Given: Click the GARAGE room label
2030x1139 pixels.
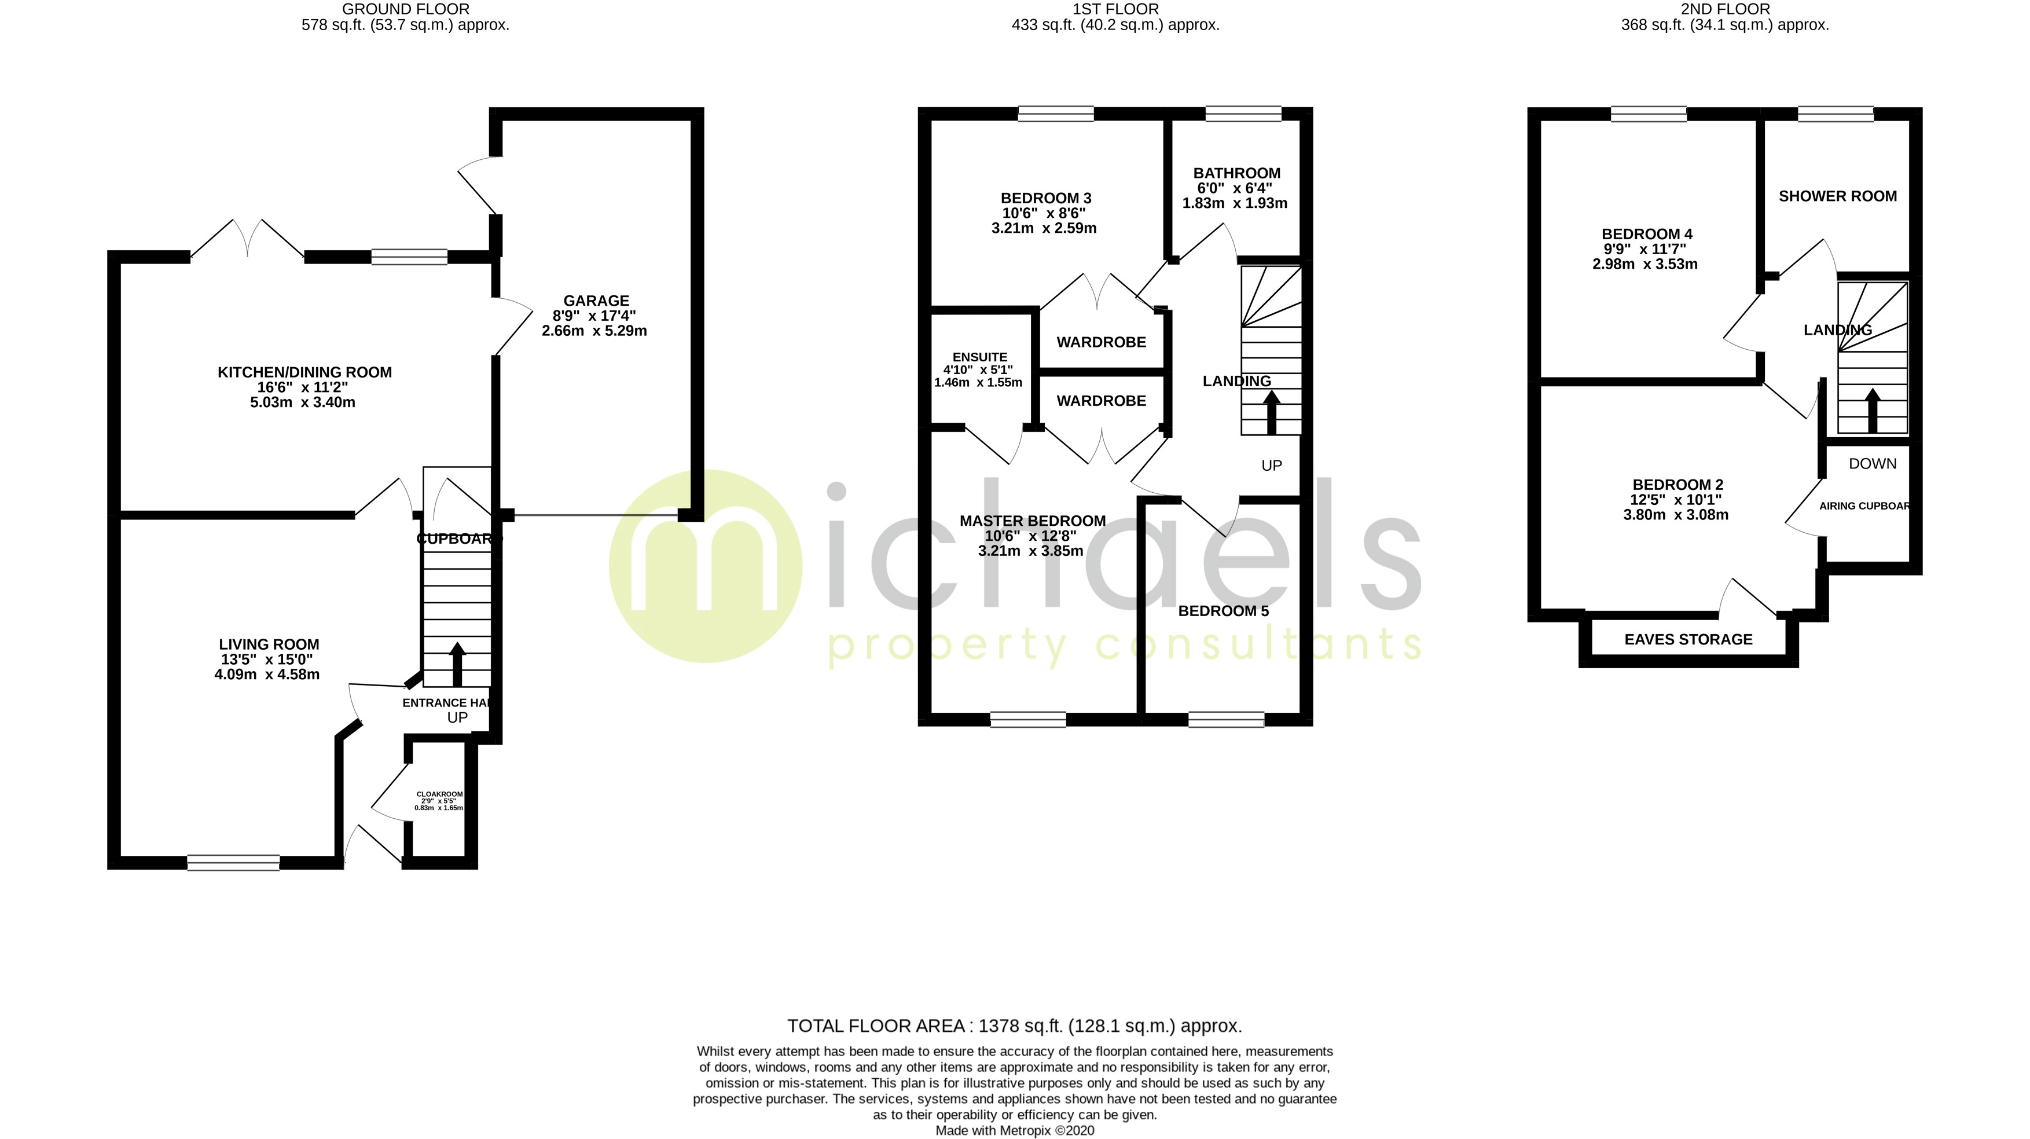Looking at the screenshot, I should [x=596, y=301].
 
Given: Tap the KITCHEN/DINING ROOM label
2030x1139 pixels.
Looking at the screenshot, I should [x=304, y=373].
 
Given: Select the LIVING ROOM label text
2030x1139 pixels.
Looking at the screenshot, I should [x=269, y=644].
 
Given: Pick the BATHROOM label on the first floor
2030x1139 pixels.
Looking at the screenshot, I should [x=1236, y=173].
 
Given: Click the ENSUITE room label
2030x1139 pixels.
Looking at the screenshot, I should [x=979, y=357].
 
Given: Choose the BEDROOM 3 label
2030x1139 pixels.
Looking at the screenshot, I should [x=1046, y=199].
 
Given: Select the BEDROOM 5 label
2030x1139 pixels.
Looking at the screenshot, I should [x=1223, y=611].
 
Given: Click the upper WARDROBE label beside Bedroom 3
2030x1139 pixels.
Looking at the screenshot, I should [x=1101, y=342].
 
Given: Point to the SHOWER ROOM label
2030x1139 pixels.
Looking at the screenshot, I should [x=1837, y=196].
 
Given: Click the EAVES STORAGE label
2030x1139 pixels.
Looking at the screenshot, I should [x=1688, y=640].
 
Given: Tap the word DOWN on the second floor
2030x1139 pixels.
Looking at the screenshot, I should [x=1873, y=463].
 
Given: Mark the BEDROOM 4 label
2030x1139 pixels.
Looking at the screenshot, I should [x=1646, y=234].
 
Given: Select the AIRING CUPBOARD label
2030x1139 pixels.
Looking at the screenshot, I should [x=1864, y=506].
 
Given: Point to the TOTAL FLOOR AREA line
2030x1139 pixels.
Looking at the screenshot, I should [x=1014, y=1026].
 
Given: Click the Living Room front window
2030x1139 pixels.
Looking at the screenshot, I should [x=233, y=862].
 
